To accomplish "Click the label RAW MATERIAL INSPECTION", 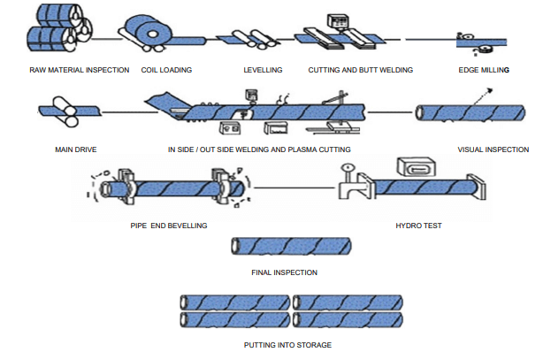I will [x=79, y=70].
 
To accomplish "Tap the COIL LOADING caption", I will [x=166, y=70].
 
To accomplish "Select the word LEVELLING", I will [x=262, y=70].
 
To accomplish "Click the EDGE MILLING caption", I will [x=484, y=70].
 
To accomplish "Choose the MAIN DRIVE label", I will [x=75, y=149].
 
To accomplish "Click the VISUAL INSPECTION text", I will [x=493, y=149].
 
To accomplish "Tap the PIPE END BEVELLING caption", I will [x=168, y=226].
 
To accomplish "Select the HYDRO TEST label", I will [x=418, y=226].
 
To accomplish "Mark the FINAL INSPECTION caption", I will [x=284, y=272].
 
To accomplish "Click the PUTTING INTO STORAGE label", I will [x=287, y=345].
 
